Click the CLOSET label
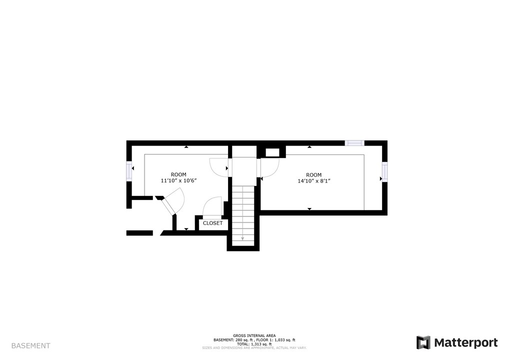(x=212, y=223)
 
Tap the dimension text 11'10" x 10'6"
(x=178, y=181)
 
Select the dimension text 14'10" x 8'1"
(x=314, y=181)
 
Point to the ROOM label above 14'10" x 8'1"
(x=314, y=174)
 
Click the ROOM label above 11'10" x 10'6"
(x=178, y=174)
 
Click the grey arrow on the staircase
(x=243, y=238)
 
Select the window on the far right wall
(x=384, y=171)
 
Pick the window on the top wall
(x=354, y=143)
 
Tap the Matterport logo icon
(x=423, y=342)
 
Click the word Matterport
(x=465, y=342)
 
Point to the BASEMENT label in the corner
(x=30, y=345)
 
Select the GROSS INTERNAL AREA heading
(x=254, y=335)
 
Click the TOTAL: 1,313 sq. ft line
(x=254, y=344)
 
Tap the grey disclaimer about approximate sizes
(x=254, y=347)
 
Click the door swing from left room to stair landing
(x=218, y=167)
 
